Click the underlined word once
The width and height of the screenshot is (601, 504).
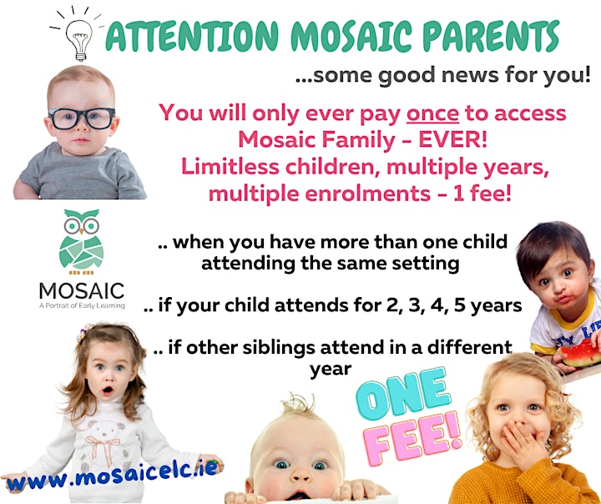[x=432, y=113]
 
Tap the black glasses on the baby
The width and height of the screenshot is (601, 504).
[x=82, y=118]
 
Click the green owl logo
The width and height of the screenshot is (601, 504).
[x=81, y=241]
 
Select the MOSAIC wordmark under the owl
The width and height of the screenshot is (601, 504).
[x=82, y=291]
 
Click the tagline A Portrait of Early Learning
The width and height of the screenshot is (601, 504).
[x=82, y=305]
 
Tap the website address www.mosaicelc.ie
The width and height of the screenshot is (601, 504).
[x=114, y=475]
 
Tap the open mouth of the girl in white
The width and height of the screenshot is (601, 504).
[x=108, y=391]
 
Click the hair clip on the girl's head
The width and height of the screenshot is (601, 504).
[x=83, y=333]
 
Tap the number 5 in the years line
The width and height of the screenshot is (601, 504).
[x=459, y=305]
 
